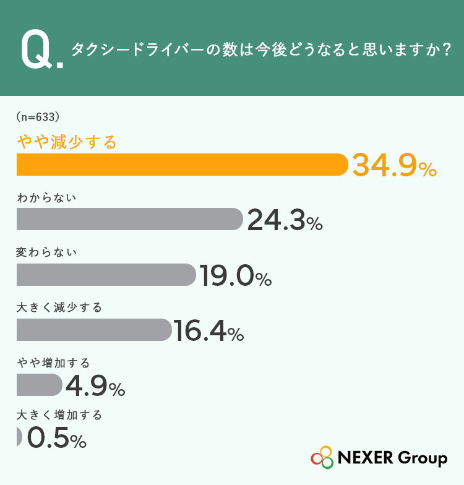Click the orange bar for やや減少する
[182, 165]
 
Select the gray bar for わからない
[130, 219]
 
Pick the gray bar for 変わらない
[106, 275]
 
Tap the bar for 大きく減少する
[94, 330]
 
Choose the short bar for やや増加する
[40, 385]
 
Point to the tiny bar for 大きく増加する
[19, 437]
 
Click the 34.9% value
[395, 166]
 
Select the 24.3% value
[285, 220]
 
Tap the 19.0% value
[235, 275]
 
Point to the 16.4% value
[209, 330]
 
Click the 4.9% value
[95, 385]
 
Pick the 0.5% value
[57, 437]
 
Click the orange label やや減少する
[67, 142]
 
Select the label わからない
[46, 198]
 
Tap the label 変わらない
[46, 252]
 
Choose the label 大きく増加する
[59, 415]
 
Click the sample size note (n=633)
[38, 117]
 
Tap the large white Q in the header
[37, 49]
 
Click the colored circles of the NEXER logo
[322, 457]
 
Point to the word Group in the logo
[423, 458]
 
